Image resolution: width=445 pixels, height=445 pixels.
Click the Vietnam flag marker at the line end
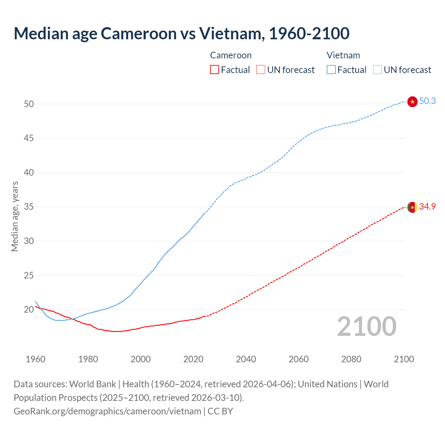(x=412, y=102)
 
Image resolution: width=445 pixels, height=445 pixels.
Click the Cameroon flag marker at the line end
(x=412, y=207)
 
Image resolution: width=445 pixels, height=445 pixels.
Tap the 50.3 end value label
(x=427, y=101)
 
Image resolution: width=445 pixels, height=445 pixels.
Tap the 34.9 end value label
(x=427, y=207)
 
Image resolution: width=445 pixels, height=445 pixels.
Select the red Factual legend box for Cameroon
(x=215, y=70)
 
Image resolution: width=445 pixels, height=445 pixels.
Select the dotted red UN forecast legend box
(x=261, y=70)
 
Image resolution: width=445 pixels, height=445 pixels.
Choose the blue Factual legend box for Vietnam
(x=331, y=70)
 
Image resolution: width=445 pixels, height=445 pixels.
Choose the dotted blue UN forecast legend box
(x=377, y=70)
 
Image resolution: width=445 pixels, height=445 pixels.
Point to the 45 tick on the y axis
(x=29, y=138)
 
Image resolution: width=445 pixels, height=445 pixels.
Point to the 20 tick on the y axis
(x=29, y=310)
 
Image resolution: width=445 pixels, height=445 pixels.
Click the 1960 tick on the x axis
(x=35, y=359)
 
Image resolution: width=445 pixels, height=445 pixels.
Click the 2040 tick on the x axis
(x=246, y=359)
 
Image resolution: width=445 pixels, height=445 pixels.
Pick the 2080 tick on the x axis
(x=351, y=359)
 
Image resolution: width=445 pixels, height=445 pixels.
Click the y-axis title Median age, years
(x=15, y=216)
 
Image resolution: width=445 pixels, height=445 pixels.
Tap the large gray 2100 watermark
(x=366, y=326)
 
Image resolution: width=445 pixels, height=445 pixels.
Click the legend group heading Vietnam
(x=343, y=55)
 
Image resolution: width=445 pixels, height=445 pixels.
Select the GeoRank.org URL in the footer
(x=107, y=411)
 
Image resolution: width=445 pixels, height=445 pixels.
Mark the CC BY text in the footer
(x=220, y=411)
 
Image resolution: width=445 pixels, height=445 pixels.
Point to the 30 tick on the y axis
(x=29, y=241)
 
